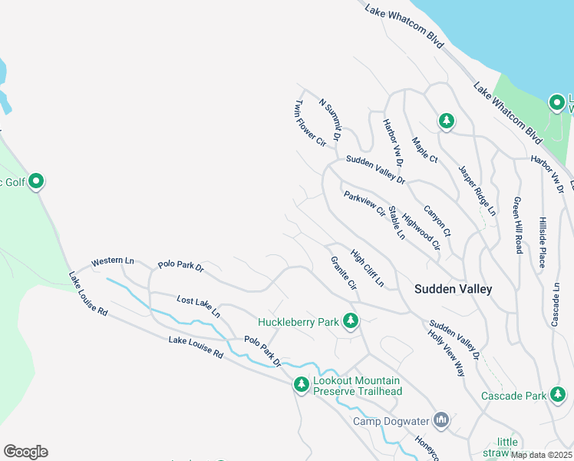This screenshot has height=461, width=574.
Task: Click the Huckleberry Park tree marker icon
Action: coord(351,320)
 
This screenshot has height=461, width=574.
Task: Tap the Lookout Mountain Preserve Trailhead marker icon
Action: coord(301,384)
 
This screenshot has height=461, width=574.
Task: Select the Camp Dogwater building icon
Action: coord(440,420)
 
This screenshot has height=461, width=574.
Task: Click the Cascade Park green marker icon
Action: coord(558,396)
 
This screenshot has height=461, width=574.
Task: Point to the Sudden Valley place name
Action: coord(453,290)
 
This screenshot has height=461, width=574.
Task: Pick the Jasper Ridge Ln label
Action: coord(477,190)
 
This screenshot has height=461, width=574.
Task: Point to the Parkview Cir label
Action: coord(364,204)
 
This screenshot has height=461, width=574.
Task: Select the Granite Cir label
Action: coord(343,274)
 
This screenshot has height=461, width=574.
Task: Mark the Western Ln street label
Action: coord(113,262)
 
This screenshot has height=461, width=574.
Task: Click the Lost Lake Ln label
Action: coord(198,307)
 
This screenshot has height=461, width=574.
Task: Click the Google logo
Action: coord(25,452)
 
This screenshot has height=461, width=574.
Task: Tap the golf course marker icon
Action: coord(35,182)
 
